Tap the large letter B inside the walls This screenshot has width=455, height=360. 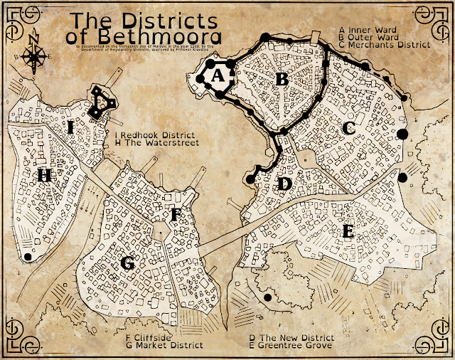282,79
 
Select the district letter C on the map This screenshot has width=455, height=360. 349,128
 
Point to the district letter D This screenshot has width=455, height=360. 284,184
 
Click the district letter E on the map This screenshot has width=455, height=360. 348,231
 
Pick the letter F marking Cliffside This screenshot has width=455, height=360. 177,213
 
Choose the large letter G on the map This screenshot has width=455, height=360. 128,263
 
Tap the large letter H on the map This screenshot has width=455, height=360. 45,174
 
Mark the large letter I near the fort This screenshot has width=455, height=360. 71,127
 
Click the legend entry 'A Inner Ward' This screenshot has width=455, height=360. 368,30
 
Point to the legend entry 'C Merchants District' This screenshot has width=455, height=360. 385,44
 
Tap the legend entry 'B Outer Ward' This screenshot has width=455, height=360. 369,37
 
